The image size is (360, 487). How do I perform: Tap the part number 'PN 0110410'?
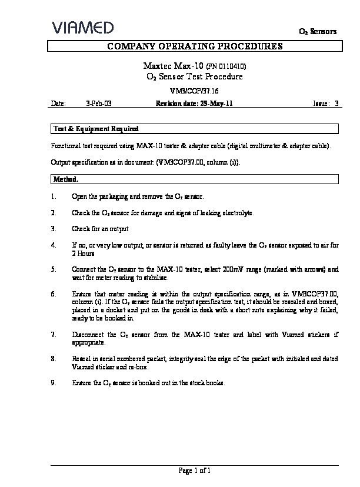[x=225, y=66]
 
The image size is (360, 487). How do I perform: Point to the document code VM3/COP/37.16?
[x=194, y=91]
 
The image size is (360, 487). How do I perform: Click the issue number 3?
[x=336, y=103]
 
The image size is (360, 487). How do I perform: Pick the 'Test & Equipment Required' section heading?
[x=96, y=128]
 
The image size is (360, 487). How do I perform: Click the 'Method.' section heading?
[x=66, y=179]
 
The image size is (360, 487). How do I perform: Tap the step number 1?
[x=54, y=196]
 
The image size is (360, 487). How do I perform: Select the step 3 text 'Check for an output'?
[x=100, y=228]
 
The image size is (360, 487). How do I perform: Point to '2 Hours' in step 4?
[x=82, y=253]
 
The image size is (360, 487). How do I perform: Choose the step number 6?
[x=54, y=292]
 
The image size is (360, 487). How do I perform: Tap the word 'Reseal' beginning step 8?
[x=81, y=358]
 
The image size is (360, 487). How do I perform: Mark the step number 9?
[x=54, y=382]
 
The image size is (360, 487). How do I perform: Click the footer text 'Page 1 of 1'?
[x=194, y=470]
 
